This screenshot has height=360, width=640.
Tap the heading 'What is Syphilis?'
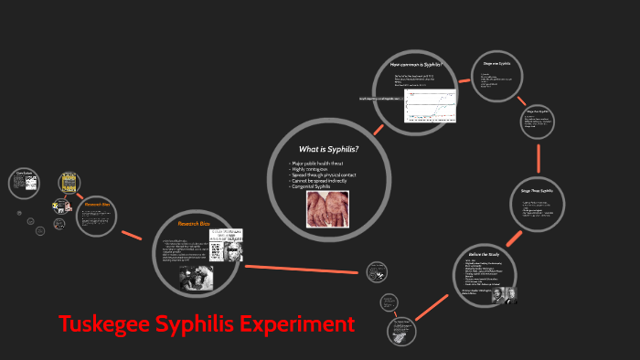pos(328,149)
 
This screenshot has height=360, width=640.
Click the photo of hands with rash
pos(327,208)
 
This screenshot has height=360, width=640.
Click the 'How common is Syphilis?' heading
pos(416,65)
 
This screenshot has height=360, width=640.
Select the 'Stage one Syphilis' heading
pos(497,63)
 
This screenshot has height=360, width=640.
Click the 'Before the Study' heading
pos(484,255)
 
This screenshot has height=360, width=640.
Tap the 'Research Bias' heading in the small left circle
pos(98,206)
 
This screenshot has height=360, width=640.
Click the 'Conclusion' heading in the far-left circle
pos(25,172)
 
